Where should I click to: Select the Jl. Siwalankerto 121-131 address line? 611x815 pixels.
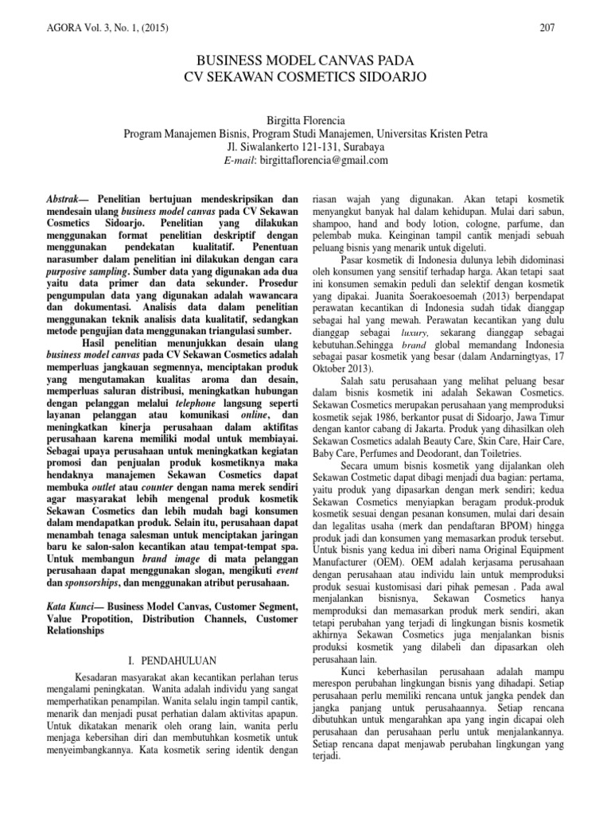coord(305,146)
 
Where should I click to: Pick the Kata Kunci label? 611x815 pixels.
coord(64,606)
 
